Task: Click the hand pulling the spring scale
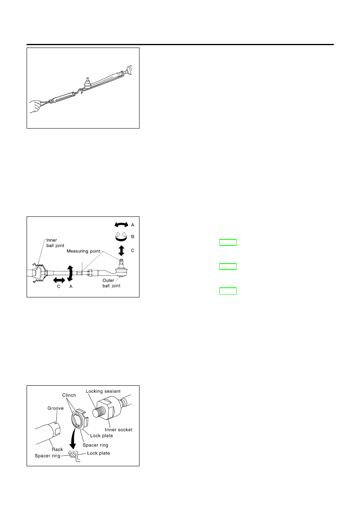tap(35, 106)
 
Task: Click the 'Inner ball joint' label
tap(55, 243)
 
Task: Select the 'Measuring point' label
tap(83, 251)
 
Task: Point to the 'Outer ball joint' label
tap(111, 283)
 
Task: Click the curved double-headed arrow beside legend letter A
tap(121, 225)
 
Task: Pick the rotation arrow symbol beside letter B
tap(121, 237)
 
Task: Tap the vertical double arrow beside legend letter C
tap(121, 250)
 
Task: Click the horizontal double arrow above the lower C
tap(59, 280)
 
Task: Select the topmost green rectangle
tap(228, 243)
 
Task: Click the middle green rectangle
tap(228, 266)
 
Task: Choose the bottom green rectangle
tap(228, 291)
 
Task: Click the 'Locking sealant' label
tap(103, 391)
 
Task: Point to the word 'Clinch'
tap(69, 395)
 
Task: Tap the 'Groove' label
tap(56, 408)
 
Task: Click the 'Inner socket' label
tap(119, 430)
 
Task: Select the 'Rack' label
tap(57, 449)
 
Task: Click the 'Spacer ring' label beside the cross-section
tap(48, 456)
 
